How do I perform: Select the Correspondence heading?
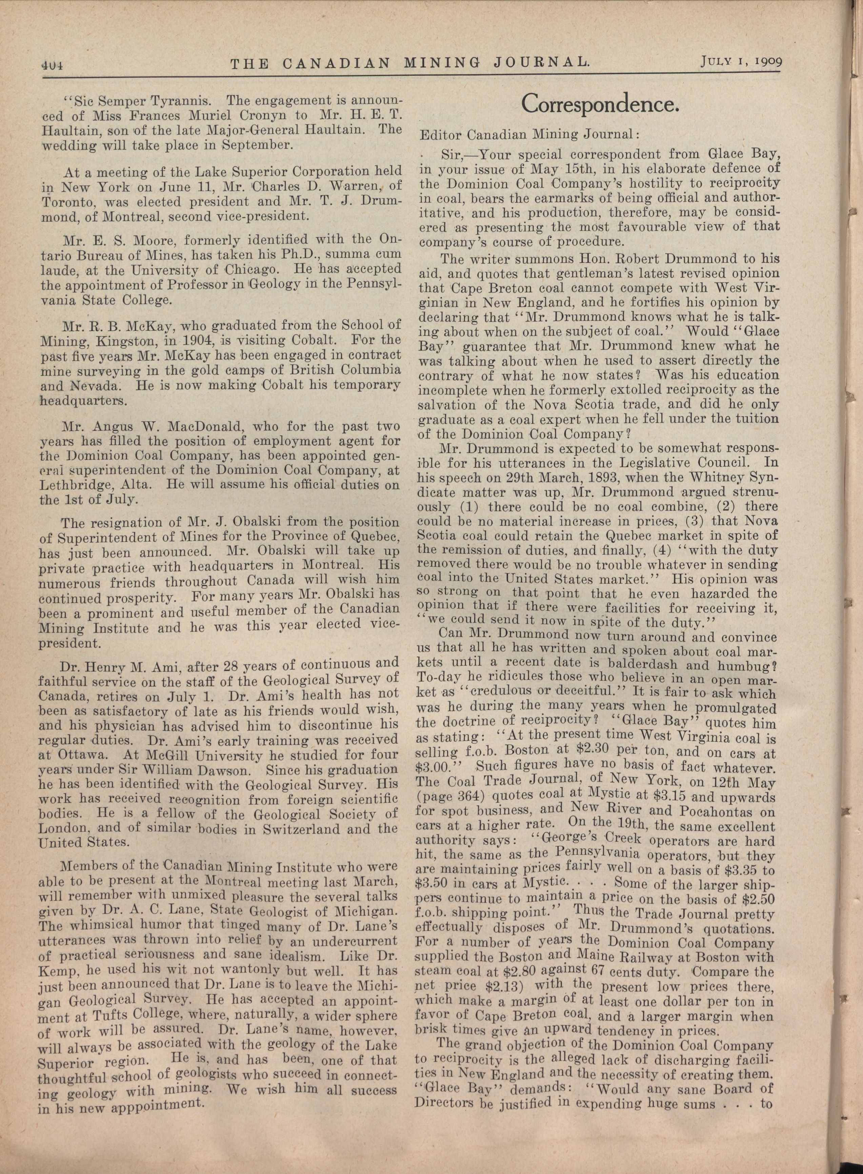(x=600, y=104)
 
